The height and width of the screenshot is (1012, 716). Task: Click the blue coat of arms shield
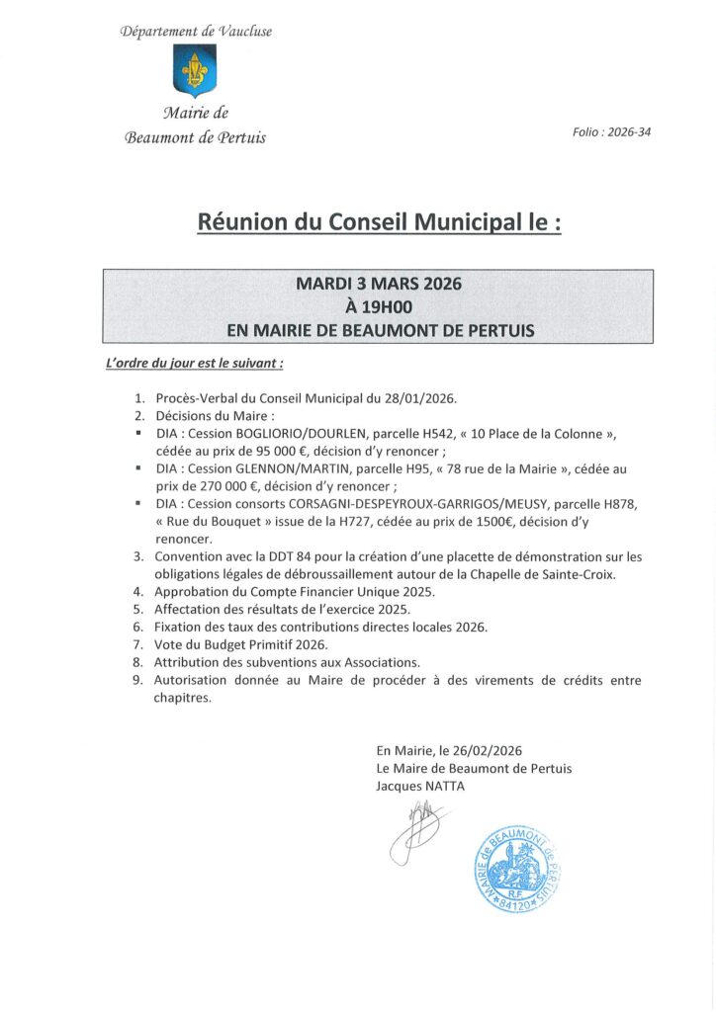195,70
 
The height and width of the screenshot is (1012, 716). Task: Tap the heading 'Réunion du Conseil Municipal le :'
380,222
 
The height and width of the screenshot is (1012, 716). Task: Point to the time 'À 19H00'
379,306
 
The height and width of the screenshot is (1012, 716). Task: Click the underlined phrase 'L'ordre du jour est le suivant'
194,363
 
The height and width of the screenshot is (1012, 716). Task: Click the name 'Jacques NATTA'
419,786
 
